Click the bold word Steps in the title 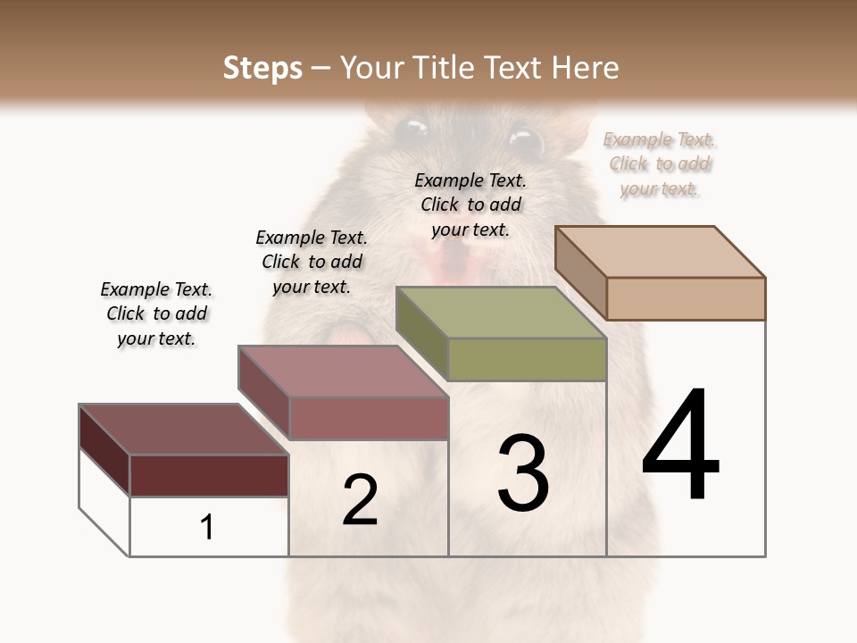pyautogui.click(x=262, y=68)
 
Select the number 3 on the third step pyautogui.click(x=523, y=473)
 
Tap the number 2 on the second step pyautogui.click(x=360, y=500)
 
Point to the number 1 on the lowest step pyautogui.click(x=207, y=528)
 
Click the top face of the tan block pyautogui.click(x=661, y=251)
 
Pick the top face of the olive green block pyautogui.click(x=501, y=313)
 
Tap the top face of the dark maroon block pyautogui.click(x=184, y=430)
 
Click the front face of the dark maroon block pyautogui.click(x=209, y=475)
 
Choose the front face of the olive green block pyautogui.click(x=527, y=359)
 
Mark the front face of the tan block pyautogui.click(x=686, y=298)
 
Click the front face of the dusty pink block pyautogui.click(x=369, y=418)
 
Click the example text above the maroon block pyautogui.click(x=156, y=313)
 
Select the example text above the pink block pyautogui.click(x=312, y=262)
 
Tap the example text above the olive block pyautogui.click(x=470, y=205)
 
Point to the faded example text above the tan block pyautogui.click(x=660, y=163)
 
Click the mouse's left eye pyautogui.click(x=412, y=131)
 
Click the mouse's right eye pyautogui.click(x=526, y=141)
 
